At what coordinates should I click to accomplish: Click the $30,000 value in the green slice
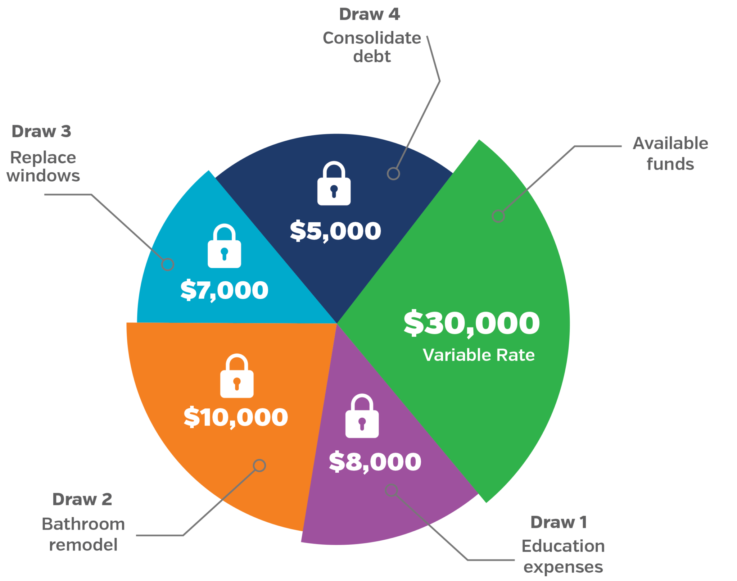(x=471, y=323)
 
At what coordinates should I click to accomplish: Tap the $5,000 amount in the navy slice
(x=335, y=231)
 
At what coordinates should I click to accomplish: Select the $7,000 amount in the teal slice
(x=224, y=290)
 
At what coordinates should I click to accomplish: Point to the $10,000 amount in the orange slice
(x=236, y=417)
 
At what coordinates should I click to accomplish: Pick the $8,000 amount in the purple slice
(x=375, y=462)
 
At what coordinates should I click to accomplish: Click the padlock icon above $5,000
(x=334, y=183)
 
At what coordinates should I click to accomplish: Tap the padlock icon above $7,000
(x=224, y=246)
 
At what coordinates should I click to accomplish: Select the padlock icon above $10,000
(x=237, y=376)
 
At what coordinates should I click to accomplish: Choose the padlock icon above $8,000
(x=362, y=416)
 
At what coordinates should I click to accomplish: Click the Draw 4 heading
(x=370, y=14)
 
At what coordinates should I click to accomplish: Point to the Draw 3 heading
(x=41, y=131)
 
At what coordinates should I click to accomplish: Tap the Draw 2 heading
(x=82, y=499)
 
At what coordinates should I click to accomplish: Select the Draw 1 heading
(x=559, y=522)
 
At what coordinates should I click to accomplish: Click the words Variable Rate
(x=479, y=355)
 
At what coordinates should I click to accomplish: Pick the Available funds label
(x=670, y=154)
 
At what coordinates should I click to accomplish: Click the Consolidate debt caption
(x=372, y=47)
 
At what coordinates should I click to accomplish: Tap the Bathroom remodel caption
(x=83, y=534)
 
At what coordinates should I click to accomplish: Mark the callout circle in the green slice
(x=498, y=216)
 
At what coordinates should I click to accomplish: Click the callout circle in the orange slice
(x=259, y=466)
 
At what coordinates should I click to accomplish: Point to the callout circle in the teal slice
(x=167, y=264)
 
